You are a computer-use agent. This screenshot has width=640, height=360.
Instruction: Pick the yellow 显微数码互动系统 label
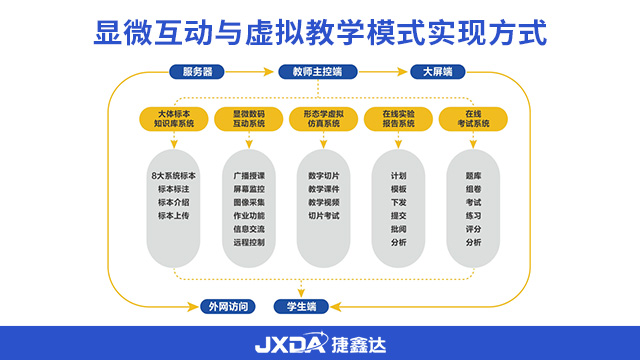[249, 119]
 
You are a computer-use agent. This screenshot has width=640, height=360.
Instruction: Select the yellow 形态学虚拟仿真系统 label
[323, 119]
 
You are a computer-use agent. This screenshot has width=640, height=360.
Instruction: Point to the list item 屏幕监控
[249, 188]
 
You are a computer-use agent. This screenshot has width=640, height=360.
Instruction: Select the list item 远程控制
[249, 242]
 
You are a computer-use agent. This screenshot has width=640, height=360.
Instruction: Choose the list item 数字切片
[323, 175]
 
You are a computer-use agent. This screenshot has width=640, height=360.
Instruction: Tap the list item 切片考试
[323, 215]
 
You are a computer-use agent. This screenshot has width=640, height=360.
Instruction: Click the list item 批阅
[398, 228]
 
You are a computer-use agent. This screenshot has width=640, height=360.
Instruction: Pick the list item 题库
[473, 175]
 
